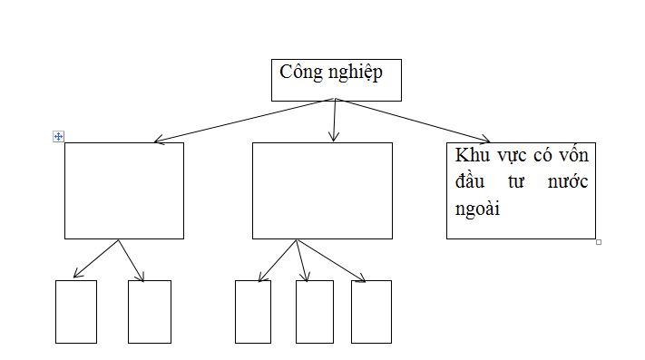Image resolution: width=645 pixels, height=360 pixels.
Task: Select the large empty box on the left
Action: click(123, 190)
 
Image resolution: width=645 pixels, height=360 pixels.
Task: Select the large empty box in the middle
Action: click(322, 190)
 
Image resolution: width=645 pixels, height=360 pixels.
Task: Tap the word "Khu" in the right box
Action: click(471, 155)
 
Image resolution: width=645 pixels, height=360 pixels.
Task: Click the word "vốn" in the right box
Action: click(574, 155)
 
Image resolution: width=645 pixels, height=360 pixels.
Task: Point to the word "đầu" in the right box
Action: click(470, 181)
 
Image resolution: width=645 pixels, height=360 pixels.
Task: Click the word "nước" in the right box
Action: click(568, 182)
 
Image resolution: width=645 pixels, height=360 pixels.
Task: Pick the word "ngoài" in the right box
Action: click(478, 209)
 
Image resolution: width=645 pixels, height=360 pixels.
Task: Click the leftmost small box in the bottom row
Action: click(75, 311)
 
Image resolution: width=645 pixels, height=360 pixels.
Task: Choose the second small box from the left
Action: click(149, 311)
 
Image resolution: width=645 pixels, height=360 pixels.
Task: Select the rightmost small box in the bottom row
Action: click(371, 311)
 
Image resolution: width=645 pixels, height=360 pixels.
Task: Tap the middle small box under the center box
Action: click(314, 311)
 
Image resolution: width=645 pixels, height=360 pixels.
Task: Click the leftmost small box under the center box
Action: click(252, 311)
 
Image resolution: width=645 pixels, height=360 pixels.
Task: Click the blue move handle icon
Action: click(58, 136)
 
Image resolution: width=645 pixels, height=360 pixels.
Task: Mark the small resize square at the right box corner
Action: click(599, 242)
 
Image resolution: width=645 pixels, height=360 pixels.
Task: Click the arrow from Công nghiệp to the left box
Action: click(245, 120)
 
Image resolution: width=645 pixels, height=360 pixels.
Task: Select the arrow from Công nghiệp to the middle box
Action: click(335, 121)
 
